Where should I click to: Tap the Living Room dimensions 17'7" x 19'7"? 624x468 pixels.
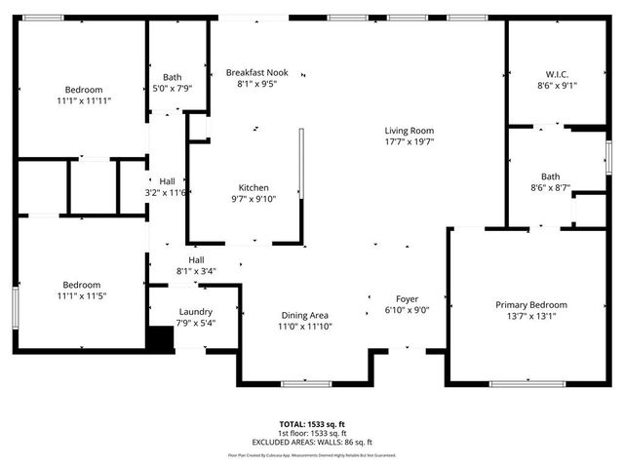pos(409,142)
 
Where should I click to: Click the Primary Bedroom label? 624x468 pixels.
pos(530,304)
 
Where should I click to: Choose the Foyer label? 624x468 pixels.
pos(407,298)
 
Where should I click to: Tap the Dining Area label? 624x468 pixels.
pos(305,315)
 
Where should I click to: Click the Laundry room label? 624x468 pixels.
pos(195,311)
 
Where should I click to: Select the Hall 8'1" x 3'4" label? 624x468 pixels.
pos(196,259)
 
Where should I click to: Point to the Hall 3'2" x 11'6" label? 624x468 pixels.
pos(167,180)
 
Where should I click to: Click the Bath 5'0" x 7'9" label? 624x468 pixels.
pos(173,77)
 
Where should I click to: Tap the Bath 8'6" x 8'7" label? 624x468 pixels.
pos(550,175)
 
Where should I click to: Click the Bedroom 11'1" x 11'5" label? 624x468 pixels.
pos(82,285)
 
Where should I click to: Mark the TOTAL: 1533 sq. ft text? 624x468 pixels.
pos(312,424)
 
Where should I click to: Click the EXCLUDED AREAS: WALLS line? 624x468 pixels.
pos(312,442)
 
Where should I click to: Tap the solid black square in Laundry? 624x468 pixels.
pos(159,337)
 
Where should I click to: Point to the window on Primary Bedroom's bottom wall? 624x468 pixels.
pos(526,383)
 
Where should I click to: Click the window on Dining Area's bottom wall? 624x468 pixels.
pos(302,383)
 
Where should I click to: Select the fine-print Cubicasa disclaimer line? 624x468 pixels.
pos(312,454)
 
